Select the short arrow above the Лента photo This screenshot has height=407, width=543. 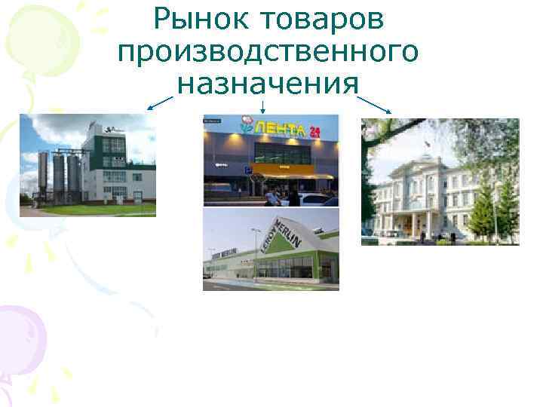pos(262,106)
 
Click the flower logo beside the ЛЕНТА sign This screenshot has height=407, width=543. pos(246,123)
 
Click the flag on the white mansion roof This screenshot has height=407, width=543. pos(427,142)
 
